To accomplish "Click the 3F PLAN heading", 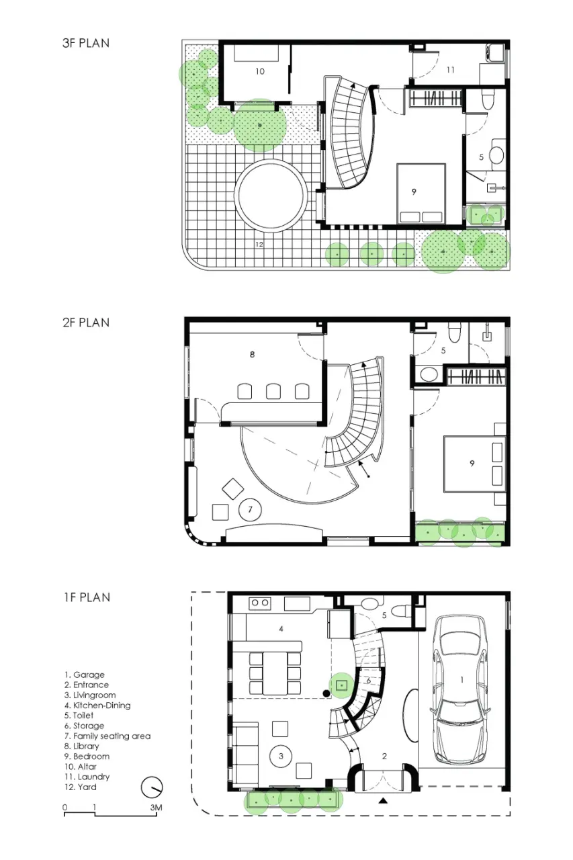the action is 86,43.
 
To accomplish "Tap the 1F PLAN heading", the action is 87,597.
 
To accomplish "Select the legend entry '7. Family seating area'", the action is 107,736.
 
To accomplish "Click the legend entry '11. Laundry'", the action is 87,777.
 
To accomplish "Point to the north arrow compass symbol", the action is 152,787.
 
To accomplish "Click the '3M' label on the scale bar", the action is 157,808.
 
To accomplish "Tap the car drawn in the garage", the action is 461,689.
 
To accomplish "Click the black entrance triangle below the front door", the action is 383,801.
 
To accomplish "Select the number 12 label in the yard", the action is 259,244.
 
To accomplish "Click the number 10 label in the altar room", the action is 260,71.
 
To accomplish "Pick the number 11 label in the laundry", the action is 451,70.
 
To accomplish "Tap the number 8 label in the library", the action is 252,354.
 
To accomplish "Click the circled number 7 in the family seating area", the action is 251,509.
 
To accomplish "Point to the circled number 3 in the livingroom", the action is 281,756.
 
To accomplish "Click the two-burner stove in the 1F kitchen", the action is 260,603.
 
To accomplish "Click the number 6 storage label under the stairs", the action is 368,681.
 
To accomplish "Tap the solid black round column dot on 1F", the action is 326,693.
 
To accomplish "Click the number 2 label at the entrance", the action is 384,756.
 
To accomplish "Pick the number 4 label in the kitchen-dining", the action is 281,629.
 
